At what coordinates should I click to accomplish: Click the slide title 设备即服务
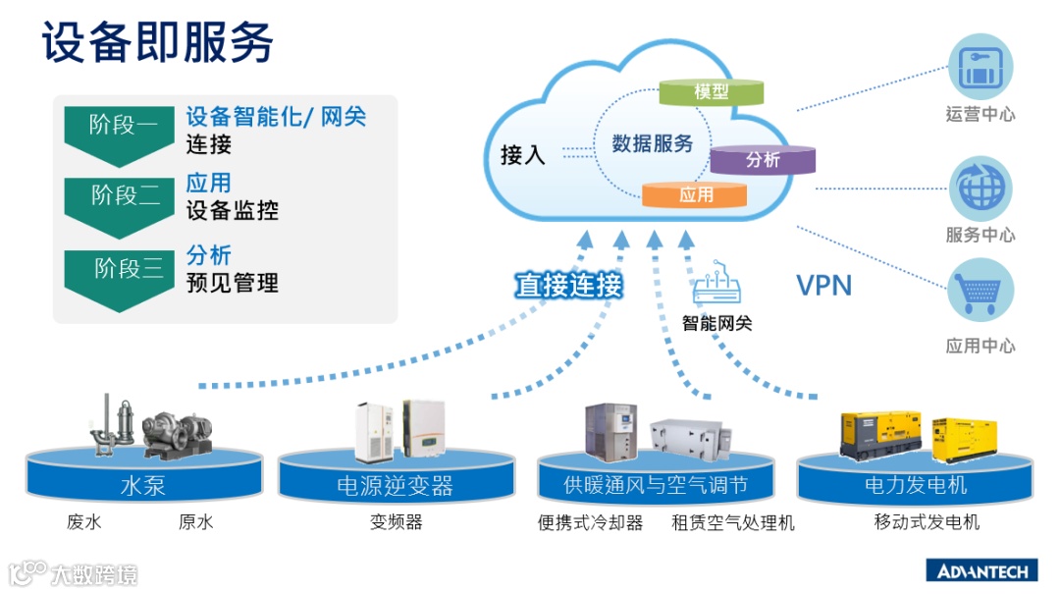point(158,44)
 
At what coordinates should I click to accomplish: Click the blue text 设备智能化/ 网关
point(276,117)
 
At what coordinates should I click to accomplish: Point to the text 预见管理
point(233,284)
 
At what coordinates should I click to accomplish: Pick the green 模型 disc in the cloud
point(711,92)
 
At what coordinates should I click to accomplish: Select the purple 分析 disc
point(763,159)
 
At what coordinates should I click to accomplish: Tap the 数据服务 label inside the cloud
point(653,143)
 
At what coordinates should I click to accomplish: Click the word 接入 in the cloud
point(522,155)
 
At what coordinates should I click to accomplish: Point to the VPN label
point(823,286)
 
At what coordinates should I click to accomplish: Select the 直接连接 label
point(569,286)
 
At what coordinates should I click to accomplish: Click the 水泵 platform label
point(142,485)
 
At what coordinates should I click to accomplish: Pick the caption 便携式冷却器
point(590,523)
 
